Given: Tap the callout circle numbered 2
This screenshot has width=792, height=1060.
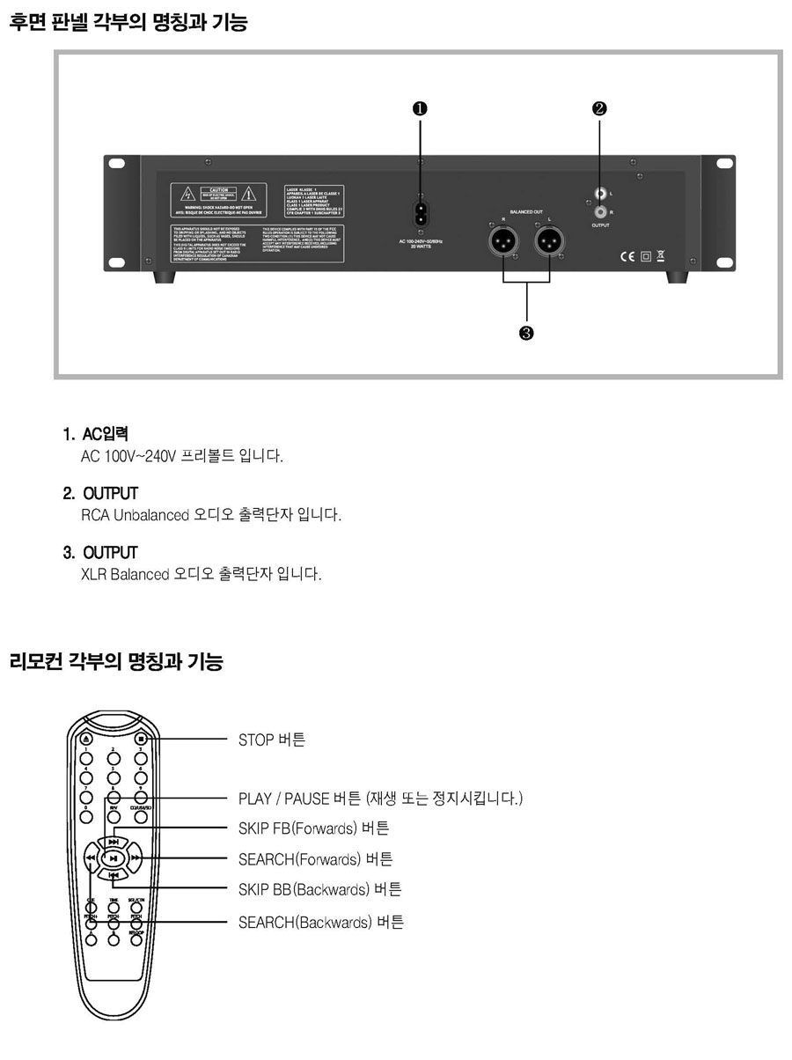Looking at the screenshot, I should pos(599,108).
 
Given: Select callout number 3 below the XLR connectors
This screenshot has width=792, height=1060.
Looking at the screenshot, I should pos(526,333).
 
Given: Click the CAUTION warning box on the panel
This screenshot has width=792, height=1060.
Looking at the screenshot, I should pos(218,198).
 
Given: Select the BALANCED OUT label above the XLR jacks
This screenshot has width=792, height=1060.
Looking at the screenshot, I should pos(527,212).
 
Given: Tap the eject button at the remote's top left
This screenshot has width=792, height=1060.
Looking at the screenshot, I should pos(85,739).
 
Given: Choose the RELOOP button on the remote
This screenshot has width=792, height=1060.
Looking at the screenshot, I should pos(136,939).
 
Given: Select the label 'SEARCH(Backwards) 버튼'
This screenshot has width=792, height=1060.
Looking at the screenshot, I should pos(321,923).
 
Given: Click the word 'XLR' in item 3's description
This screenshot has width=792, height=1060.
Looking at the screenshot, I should pos(93,575).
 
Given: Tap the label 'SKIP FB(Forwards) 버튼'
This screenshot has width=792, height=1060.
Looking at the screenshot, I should pos(313,828).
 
